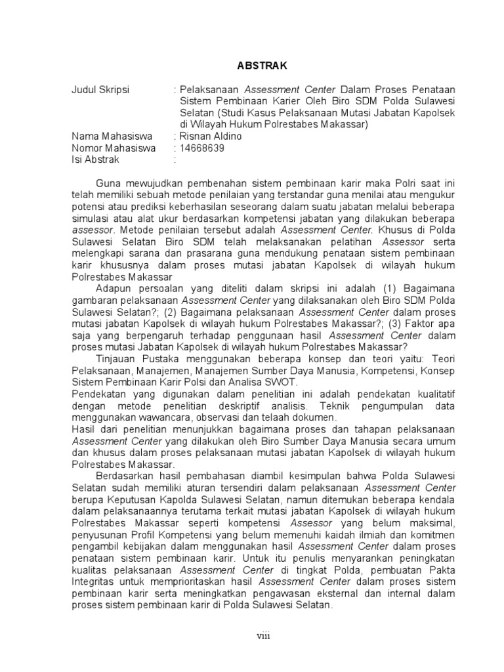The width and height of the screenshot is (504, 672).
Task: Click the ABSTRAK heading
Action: click(x=261, y=66)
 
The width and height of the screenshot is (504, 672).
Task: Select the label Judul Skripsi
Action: click(x=100, y=89)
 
